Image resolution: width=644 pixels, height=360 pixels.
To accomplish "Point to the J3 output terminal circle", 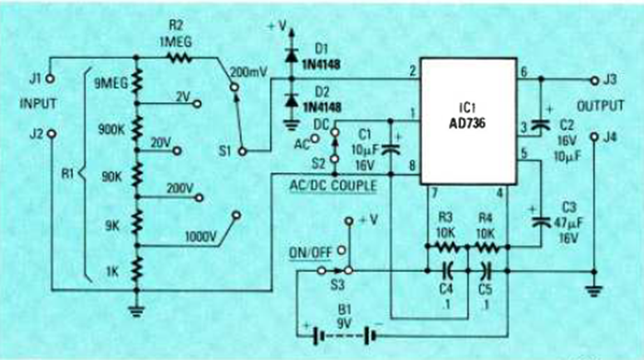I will (x=592, y=80).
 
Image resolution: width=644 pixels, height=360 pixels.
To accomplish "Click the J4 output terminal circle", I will (x=592, y=136).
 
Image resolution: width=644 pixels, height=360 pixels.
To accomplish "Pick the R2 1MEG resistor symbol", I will (x=179, y=59).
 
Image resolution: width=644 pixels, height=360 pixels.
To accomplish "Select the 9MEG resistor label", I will (x=110, y=84).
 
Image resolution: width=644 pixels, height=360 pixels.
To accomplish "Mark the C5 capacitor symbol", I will (x=487, y=271).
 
